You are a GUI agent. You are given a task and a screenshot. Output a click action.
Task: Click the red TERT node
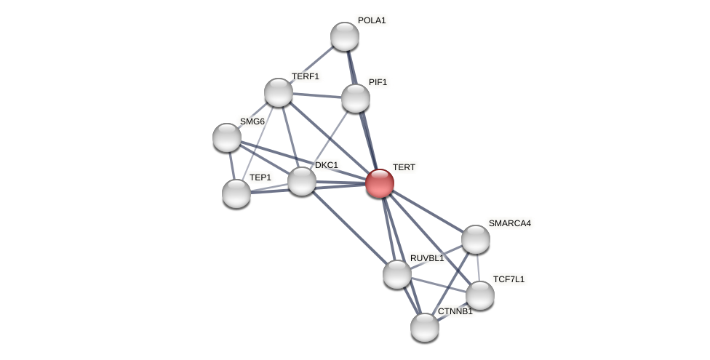click(x=380, y=183)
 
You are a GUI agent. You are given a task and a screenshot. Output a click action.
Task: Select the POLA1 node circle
click(x=345, y=36)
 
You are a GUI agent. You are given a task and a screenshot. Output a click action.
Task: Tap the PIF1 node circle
click(x=356, y=98)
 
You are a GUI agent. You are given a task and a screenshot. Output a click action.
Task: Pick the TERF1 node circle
click(x=279, y=92)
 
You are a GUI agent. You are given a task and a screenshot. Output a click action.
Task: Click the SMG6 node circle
click(x=227, y=137)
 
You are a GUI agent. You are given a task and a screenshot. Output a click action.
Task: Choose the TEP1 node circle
click(x=236, y=193)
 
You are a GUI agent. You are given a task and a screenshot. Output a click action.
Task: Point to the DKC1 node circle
click(x=302, y=181)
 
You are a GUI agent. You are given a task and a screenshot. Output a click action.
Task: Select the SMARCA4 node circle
click(x=476, y=239)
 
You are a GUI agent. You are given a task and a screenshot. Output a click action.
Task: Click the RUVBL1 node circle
click(x=397, y=274)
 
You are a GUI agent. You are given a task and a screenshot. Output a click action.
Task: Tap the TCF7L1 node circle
click(x=480, y=295)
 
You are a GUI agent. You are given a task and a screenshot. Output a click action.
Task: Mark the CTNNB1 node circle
click(x=425, y=327)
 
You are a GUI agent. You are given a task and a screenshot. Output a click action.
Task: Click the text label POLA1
click(x=372, y=20)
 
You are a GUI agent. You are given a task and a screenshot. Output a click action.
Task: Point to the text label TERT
click(x=404, y=167)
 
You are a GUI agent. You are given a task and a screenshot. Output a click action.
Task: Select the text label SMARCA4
click(x=509, y=223)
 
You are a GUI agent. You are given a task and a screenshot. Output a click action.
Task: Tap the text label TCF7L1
click(x=508, y=279)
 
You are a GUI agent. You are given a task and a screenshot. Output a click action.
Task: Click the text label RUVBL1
click(x=426, y=258)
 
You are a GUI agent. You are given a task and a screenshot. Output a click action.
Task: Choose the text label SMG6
click(x=252, y=121)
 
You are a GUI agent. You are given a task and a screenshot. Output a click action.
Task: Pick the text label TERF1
click(x=306, y=76)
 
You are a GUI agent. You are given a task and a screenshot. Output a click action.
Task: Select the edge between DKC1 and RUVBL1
click(x=349, y=228)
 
